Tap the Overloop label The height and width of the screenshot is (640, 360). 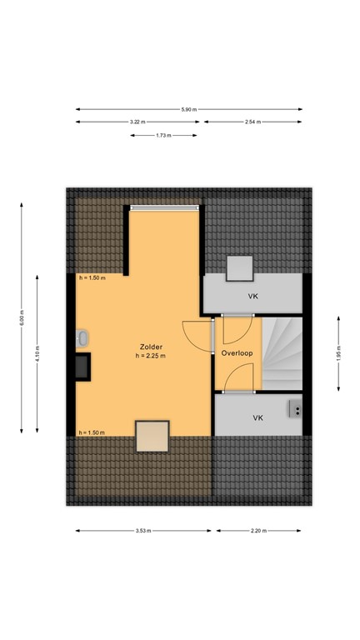coord(237,353)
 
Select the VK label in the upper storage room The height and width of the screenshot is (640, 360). coord(252,296)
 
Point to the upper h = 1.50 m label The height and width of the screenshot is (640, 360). coord(92,278)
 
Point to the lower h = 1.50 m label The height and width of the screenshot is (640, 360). coord(92,433)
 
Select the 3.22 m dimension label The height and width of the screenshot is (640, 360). coord(137,122)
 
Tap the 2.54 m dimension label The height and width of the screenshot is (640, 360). coord(252,122)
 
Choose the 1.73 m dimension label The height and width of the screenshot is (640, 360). coord(164,136)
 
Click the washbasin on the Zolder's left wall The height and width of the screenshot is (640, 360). coord(81,338)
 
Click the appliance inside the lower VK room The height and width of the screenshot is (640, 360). coord(294,408)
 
